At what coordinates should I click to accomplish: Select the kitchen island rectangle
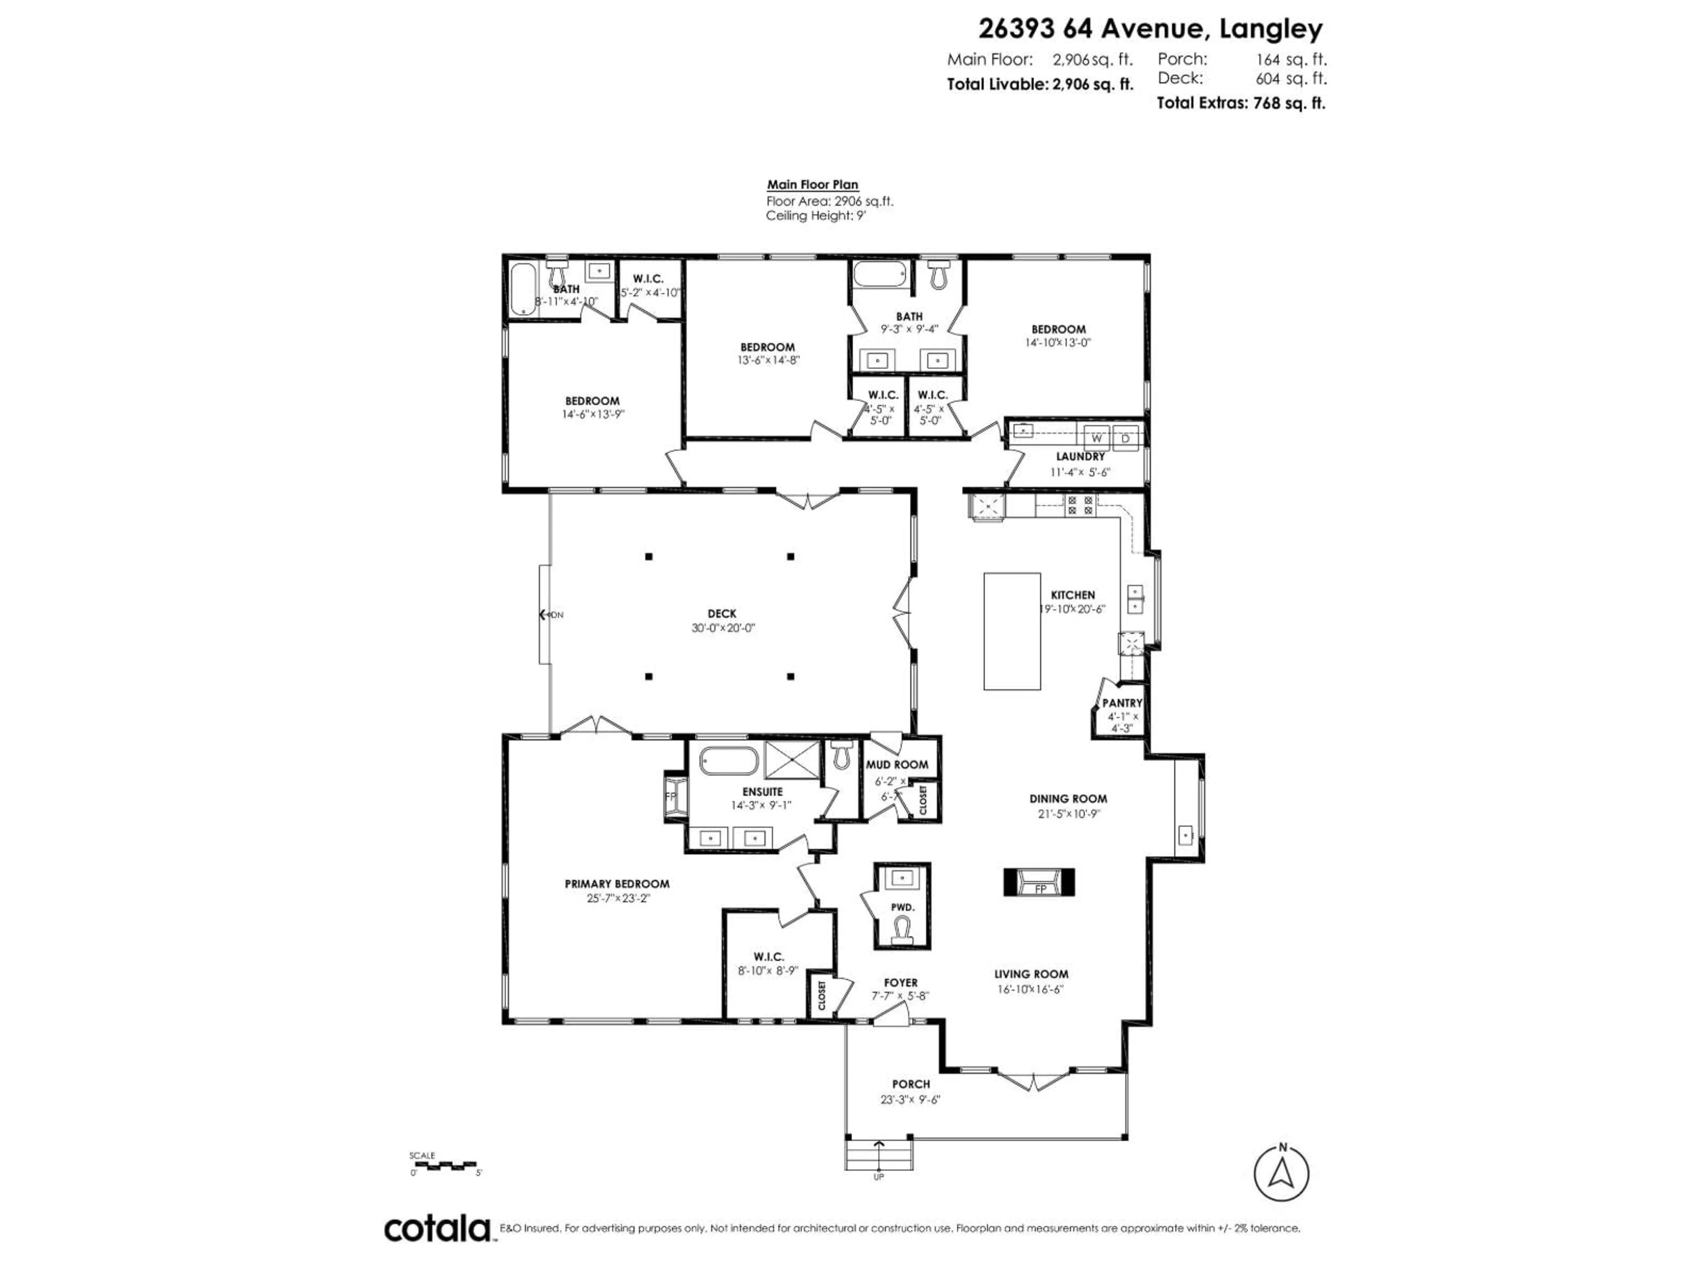click(1012, 631)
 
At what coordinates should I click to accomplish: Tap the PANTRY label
click(1122, 702)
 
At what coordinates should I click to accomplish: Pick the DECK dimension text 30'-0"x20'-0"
click(722, 628)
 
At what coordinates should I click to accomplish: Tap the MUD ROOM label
click(897, 764)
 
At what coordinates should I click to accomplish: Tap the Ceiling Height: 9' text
click(815, 216)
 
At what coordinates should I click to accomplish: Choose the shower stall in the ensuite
click(792, 760)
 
